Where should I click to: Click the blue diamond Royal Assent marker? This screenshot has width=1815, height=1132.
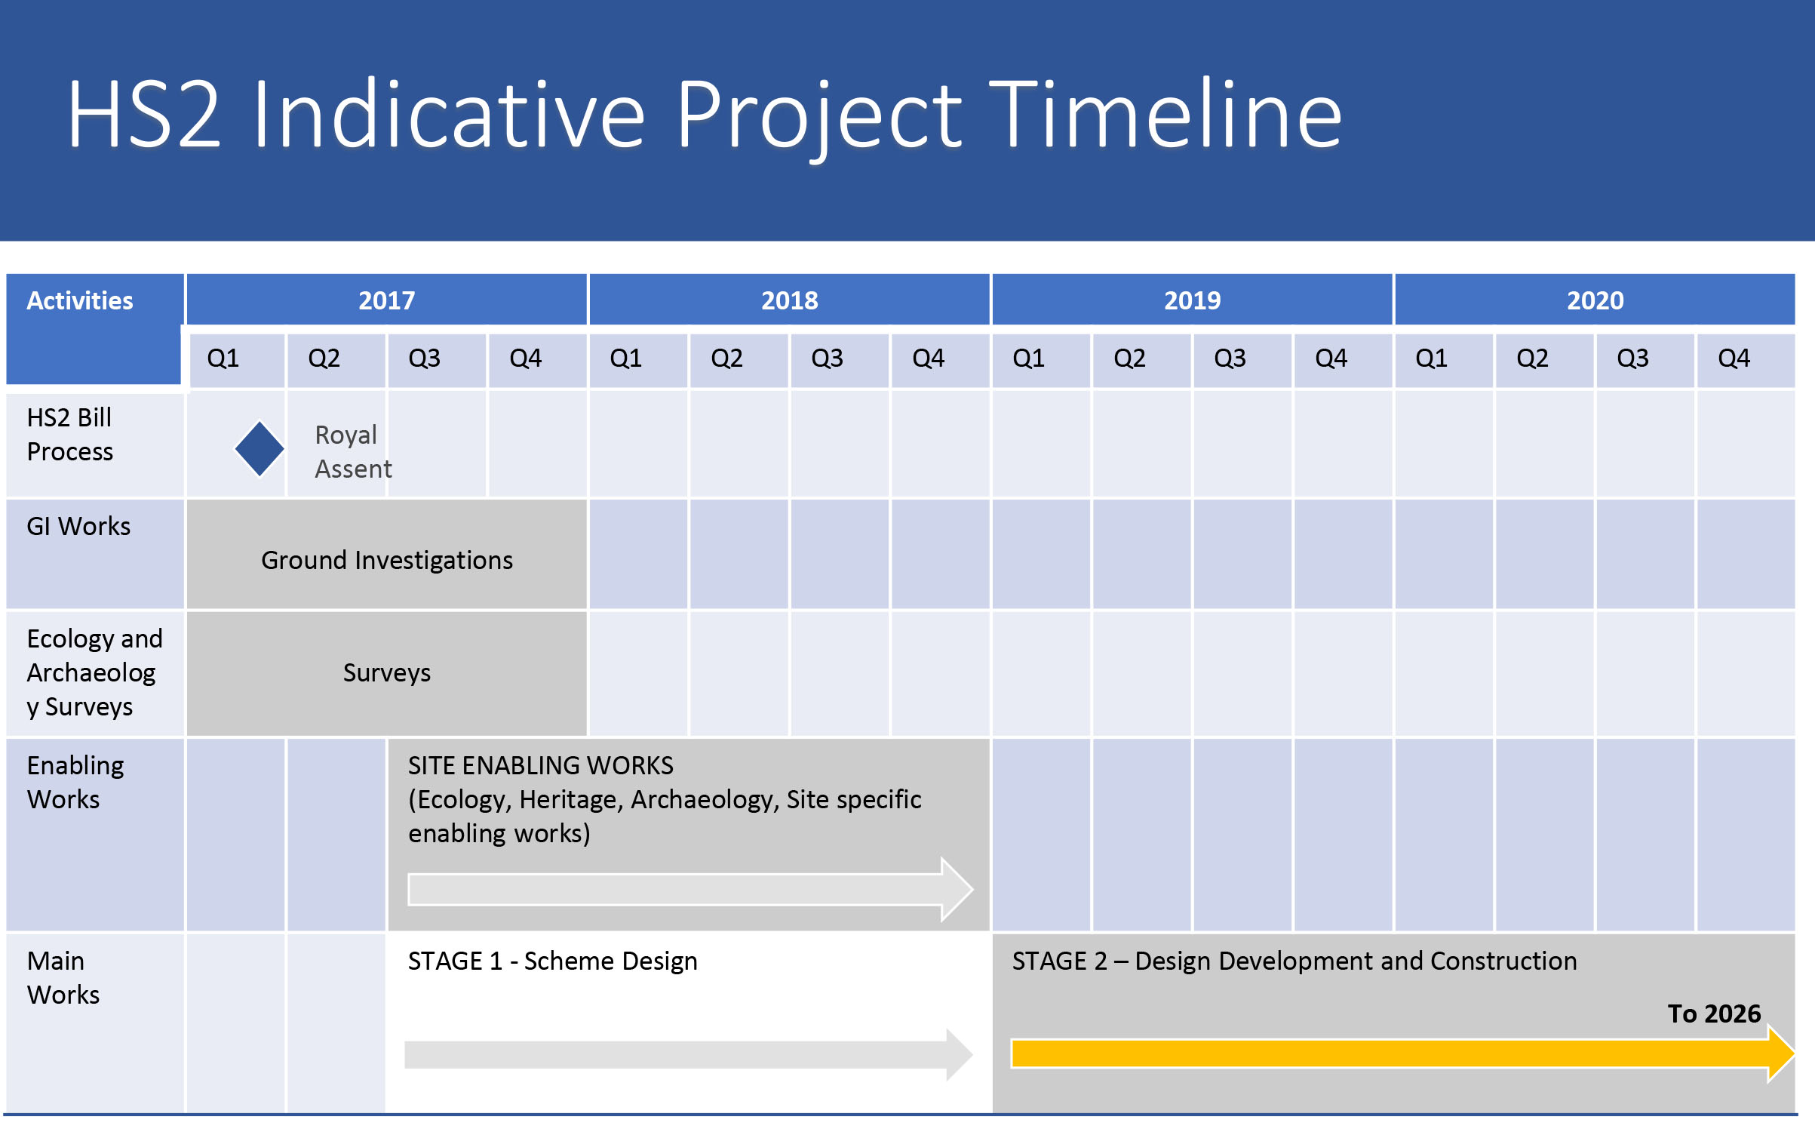[260, 449]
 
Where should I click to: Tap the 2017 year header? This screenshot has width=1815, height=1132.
[386, 300]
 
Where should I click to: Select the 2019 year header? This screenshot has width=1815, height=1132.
[1192, 300]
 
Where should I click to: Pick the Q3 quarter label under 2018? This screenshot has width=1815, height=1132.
[828, 358]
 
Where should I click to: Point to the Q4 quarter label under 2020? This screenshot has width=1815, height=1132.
[1734, 358]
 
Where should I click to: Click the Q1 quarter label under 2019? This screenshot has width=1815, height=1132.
[1029, 358]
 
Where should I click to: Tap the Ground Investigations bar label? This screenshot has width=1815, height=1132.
[387, 560]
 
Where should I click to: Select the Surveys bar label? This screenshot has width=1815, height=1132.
[387, 672]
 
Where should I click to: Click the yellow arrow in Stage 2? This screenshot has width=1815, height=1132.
[1403, 1054]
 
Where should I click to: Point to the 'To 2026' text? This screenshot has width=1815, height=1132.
[1714, 1014]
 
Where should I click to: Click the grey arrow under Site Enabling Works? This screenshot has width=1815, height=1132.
[690, 890]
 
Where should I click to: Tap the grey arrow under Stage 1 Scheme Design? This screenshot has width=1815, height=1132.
[689, 1054]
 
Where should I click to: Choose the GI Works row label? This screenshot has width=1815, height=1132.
[78, 526]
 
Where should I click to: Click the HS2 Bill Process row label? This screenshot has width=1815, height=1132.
[70, 435]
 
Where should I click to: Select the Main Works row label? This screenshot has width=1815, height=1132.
[63, 978]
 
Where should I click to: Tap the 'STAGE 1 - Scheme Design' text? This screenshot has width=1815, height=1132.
[553, 961]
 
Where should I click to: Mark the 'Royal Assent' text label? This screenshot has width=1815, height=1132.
[353, 452]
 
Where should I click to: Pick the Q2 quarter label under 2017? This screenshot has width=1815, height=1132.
[324, 358]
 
